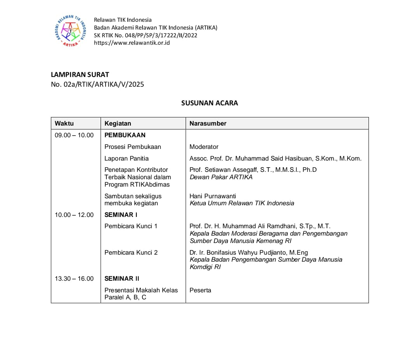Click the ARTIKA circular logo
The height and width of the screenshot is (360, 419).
70,31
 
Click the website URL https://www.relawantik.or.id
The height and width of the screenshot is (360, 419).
132,43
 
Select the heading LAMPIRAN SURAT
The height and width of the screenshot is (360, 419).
80,75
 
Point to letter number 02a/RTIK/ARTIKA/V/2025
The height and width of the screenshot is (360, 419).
97,84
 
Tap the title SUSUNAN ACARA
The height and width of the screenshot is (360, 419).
209,103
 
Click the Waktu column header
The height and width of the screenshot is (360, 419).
64,124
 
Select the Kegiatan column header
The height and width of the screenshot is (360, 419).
118,124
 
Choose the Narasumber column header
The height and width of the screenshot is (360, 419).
208,124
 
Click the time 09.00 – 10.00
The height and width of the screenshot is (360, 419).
74,135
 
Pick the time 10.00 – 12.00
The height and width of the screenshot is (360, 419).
74,215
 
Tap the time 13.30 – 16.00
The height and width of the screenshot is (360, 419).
74,278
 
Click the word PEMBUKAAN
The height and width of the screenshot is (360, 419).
125,135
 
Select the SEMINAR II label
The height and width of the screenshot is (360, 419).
122,278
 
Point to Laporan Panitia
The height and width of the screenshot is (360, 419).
127,158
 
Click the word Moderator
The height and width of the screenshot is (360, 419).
204,147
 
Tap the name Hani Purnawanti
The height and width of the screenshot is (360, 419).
213,196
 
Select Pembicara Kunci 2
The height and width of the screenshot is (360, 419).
131,252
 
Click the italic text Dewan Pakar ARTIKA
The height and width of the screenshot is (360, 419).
221,177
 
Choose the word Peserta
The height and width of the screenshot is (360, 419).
200,290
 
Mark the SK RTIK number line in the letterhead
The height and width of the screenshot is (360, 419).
146,35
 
